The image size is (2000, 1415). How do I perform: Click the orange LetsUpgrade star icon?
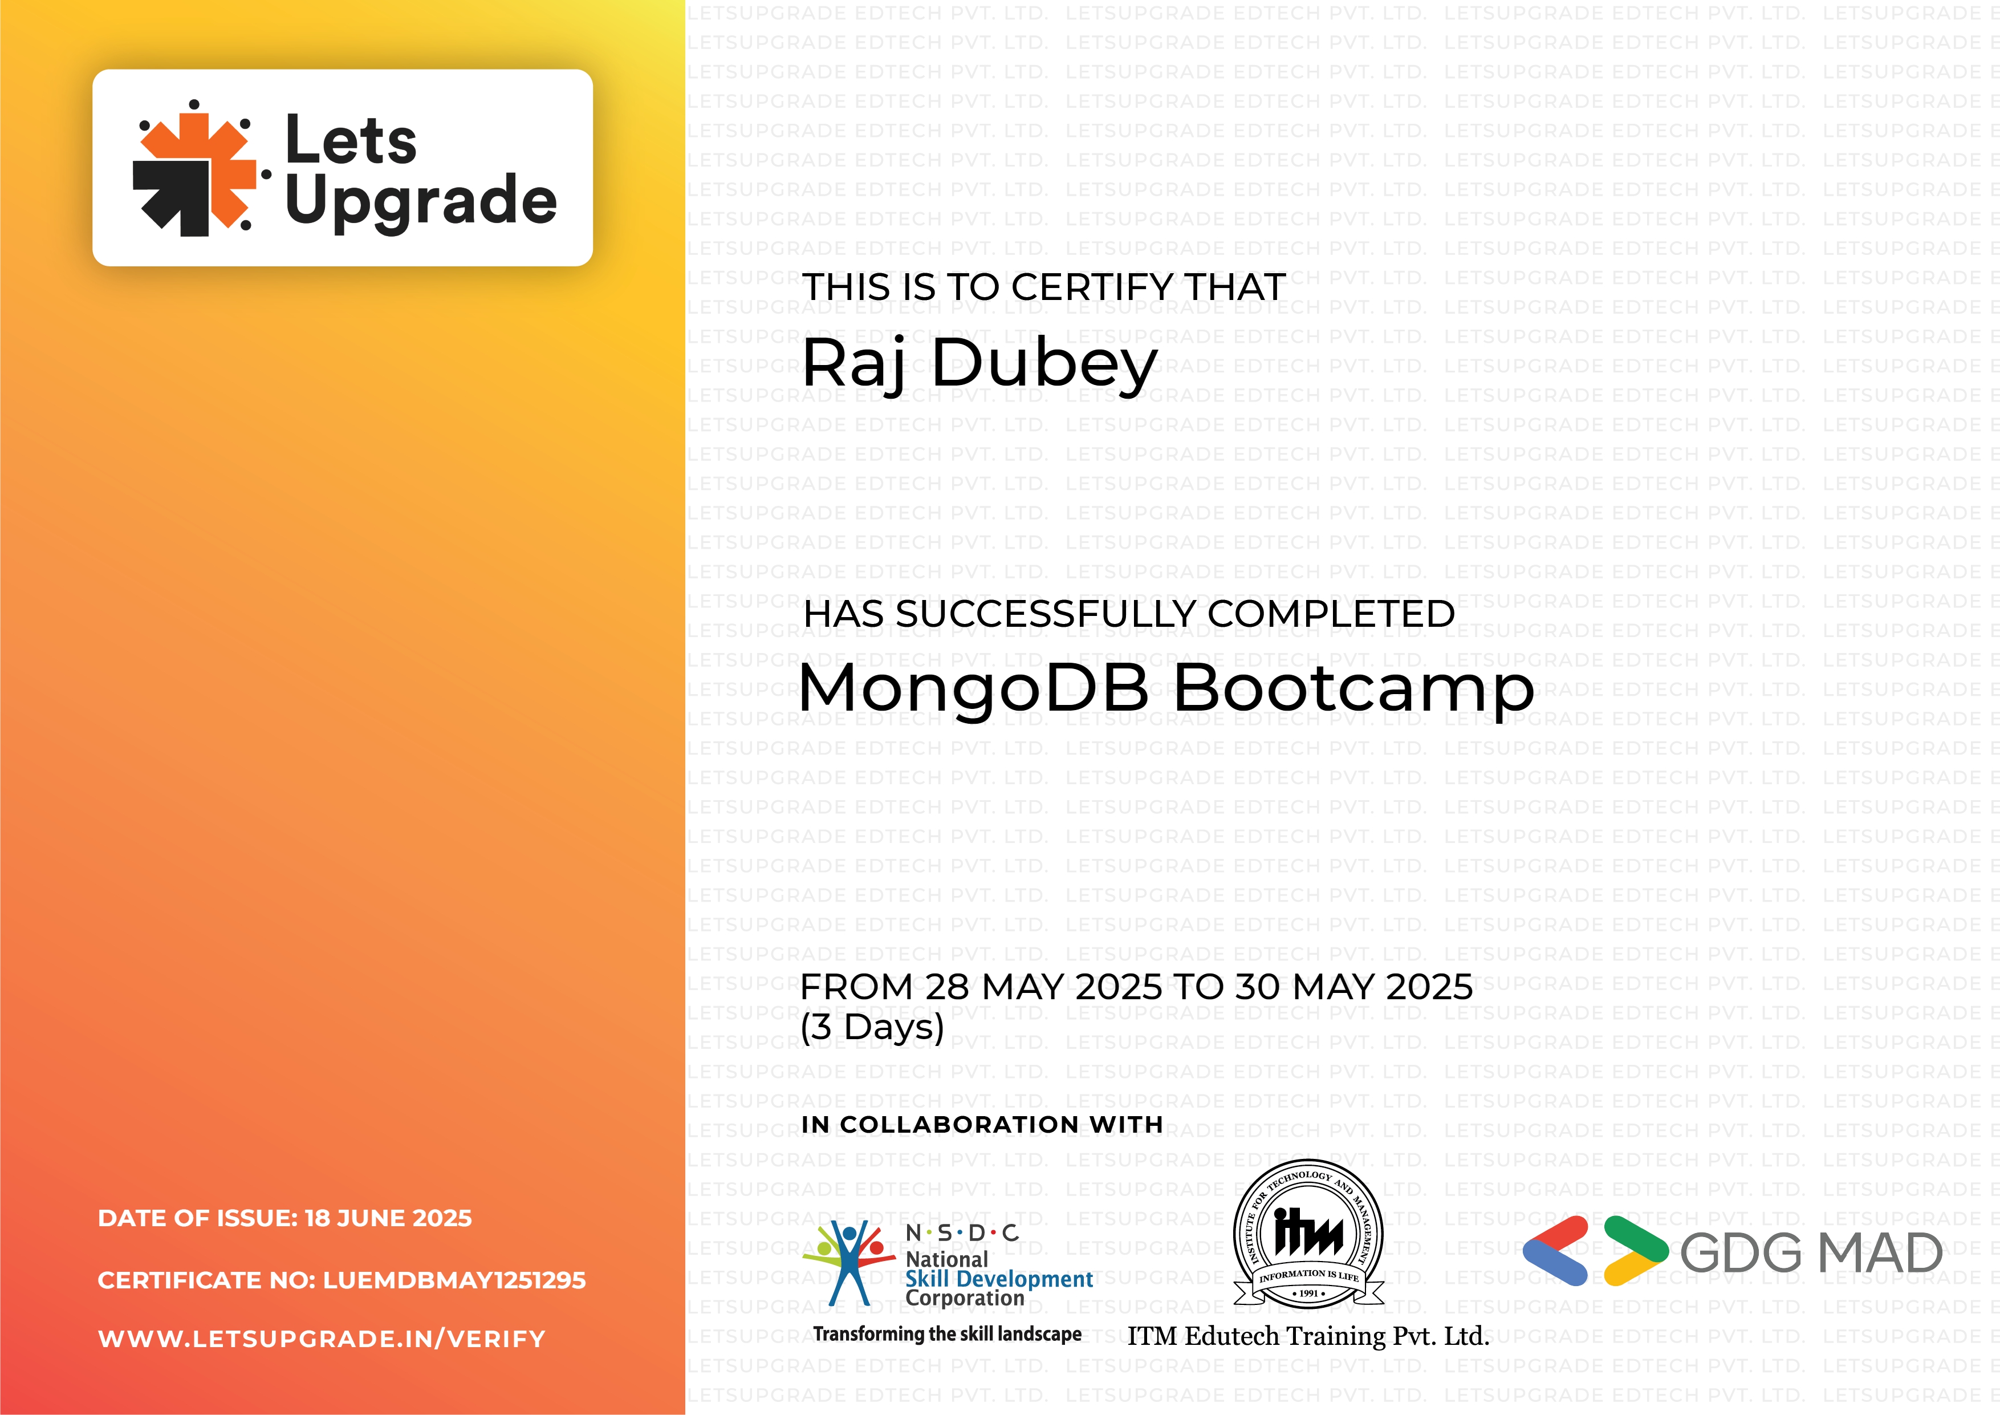pos(195,169)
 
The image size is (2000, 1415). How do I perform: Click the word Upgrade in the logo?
pos(421,200)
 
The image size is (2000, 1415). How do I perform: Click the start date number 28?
pos(947,987)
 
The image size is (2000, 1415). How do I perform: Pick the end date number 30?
pos(1258,987)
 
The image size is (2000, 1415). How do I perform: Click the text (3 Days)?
pos(872,1027)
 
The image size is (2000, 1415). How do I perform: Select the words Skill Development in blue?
pos(999,1279)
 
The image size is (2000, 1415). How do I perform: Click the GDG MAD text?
pos(1811,1253)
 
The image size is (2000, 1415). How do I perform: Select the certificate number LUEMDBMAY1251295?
pos(454,1280)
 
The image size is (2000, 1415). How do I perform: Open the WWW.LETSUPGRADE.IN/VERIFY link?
pos(322,1339)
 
